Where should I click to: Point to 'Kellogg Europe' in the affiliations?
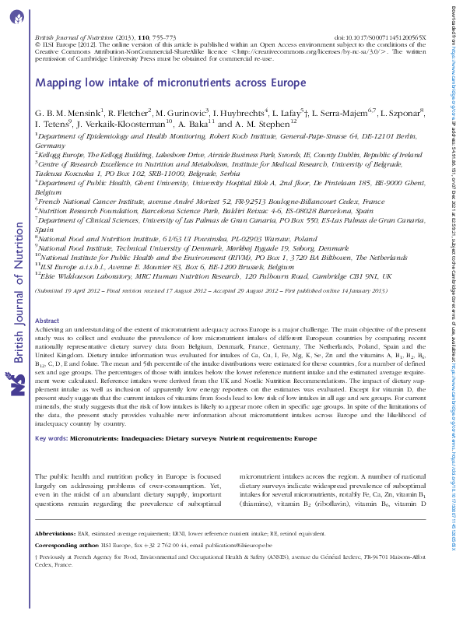coord(65,156)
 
